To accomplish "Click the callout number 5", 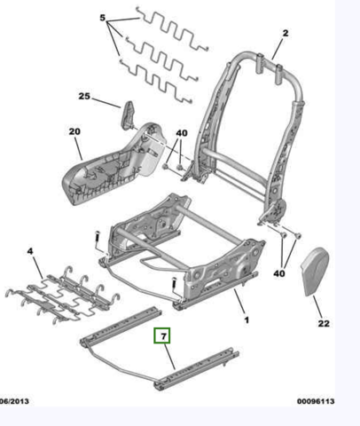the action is (103, 18).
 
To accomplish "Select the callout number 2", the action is (286, 33).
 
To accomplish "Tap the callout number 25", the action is (84, 96).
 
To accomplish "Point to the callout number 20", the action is (74, 131).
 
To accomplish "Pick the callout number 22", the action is (324, 323).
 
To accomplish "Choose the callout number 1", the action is (247, 319).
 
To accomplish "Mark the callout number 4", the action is (30, 251).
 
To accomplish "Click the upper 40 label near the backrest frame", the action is (182, 133).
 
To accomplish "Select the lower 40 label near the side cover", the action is (279, 273).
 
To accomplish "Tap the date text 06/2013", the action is (14, 401).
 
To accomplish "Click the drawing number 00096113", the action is (316, 401).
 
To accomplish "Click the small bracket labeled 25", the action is (129, 114).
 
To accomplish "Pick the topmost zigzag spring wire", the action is (172, 29).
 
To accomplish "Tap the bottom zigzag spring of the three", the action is (156, 81).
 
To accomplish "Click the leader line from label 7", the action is (169, 357).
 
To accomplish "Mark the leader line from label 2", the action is (278, 49).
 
